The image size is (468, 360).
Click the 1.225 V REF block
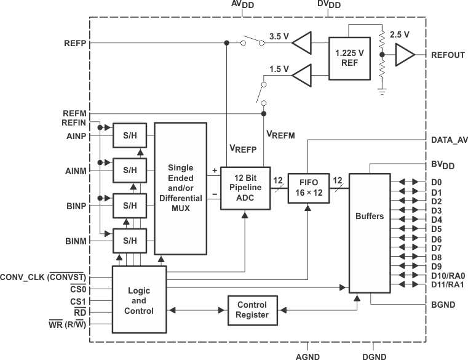[349, 57]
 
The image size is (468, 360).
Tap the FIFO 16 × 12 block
[306, 188]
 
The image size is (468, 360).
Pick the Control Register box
[252, 310]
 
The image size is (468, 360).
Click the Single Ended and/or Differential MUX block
[180, 188]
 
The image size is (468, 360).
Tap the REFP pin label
[74, 43]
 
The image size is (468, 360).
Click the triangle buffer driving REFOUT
[403, 56]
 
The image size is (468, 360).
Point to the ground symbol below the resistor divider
[381, 91]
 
